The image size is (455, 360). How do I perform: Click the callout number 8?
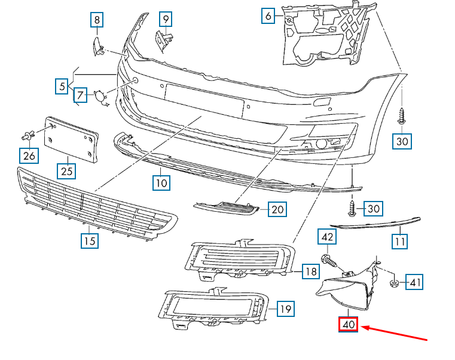coord(96,20)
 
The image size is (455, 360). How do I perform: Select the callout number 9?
coord(166,20)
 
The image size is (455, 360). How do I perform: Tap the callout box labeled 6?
coord(268,16)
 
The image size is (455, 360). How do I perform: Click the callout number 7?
coord(81,94)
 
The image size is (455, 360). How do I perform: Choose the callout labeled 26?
coord(29,157)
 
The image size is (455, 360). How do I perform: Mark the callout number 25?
coord(68,172)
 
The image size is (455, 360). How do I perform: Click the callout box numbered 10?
coord(161,182)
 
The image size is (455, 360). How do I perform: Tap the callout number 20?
coord(277,209)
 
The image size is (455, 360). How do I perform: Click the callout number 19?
coord(286,309)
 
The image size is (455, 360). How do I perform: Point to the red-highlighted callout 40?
coord(348,325)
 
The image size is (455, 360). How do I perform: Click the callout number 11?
coord(399,242)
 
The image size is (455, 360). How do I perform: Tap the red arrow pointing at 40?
coord(395,333)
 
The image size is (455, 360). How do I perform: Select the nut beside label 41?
coord(394,282)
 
